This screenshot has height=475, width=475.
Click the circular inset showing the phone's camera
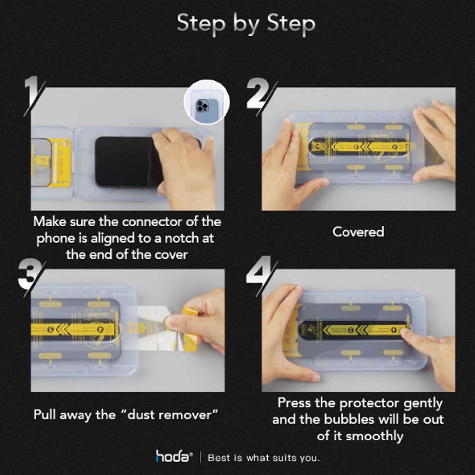(206, 102)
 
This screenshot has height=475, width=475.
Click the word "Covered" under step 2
(358, 232)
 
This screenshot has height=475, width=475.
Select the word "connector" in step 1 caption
(149, 222)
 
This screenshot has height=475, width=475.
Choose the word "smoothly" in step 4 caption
(374, 436)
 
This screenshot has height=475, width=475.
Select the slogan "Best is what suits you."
(264, 458)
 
